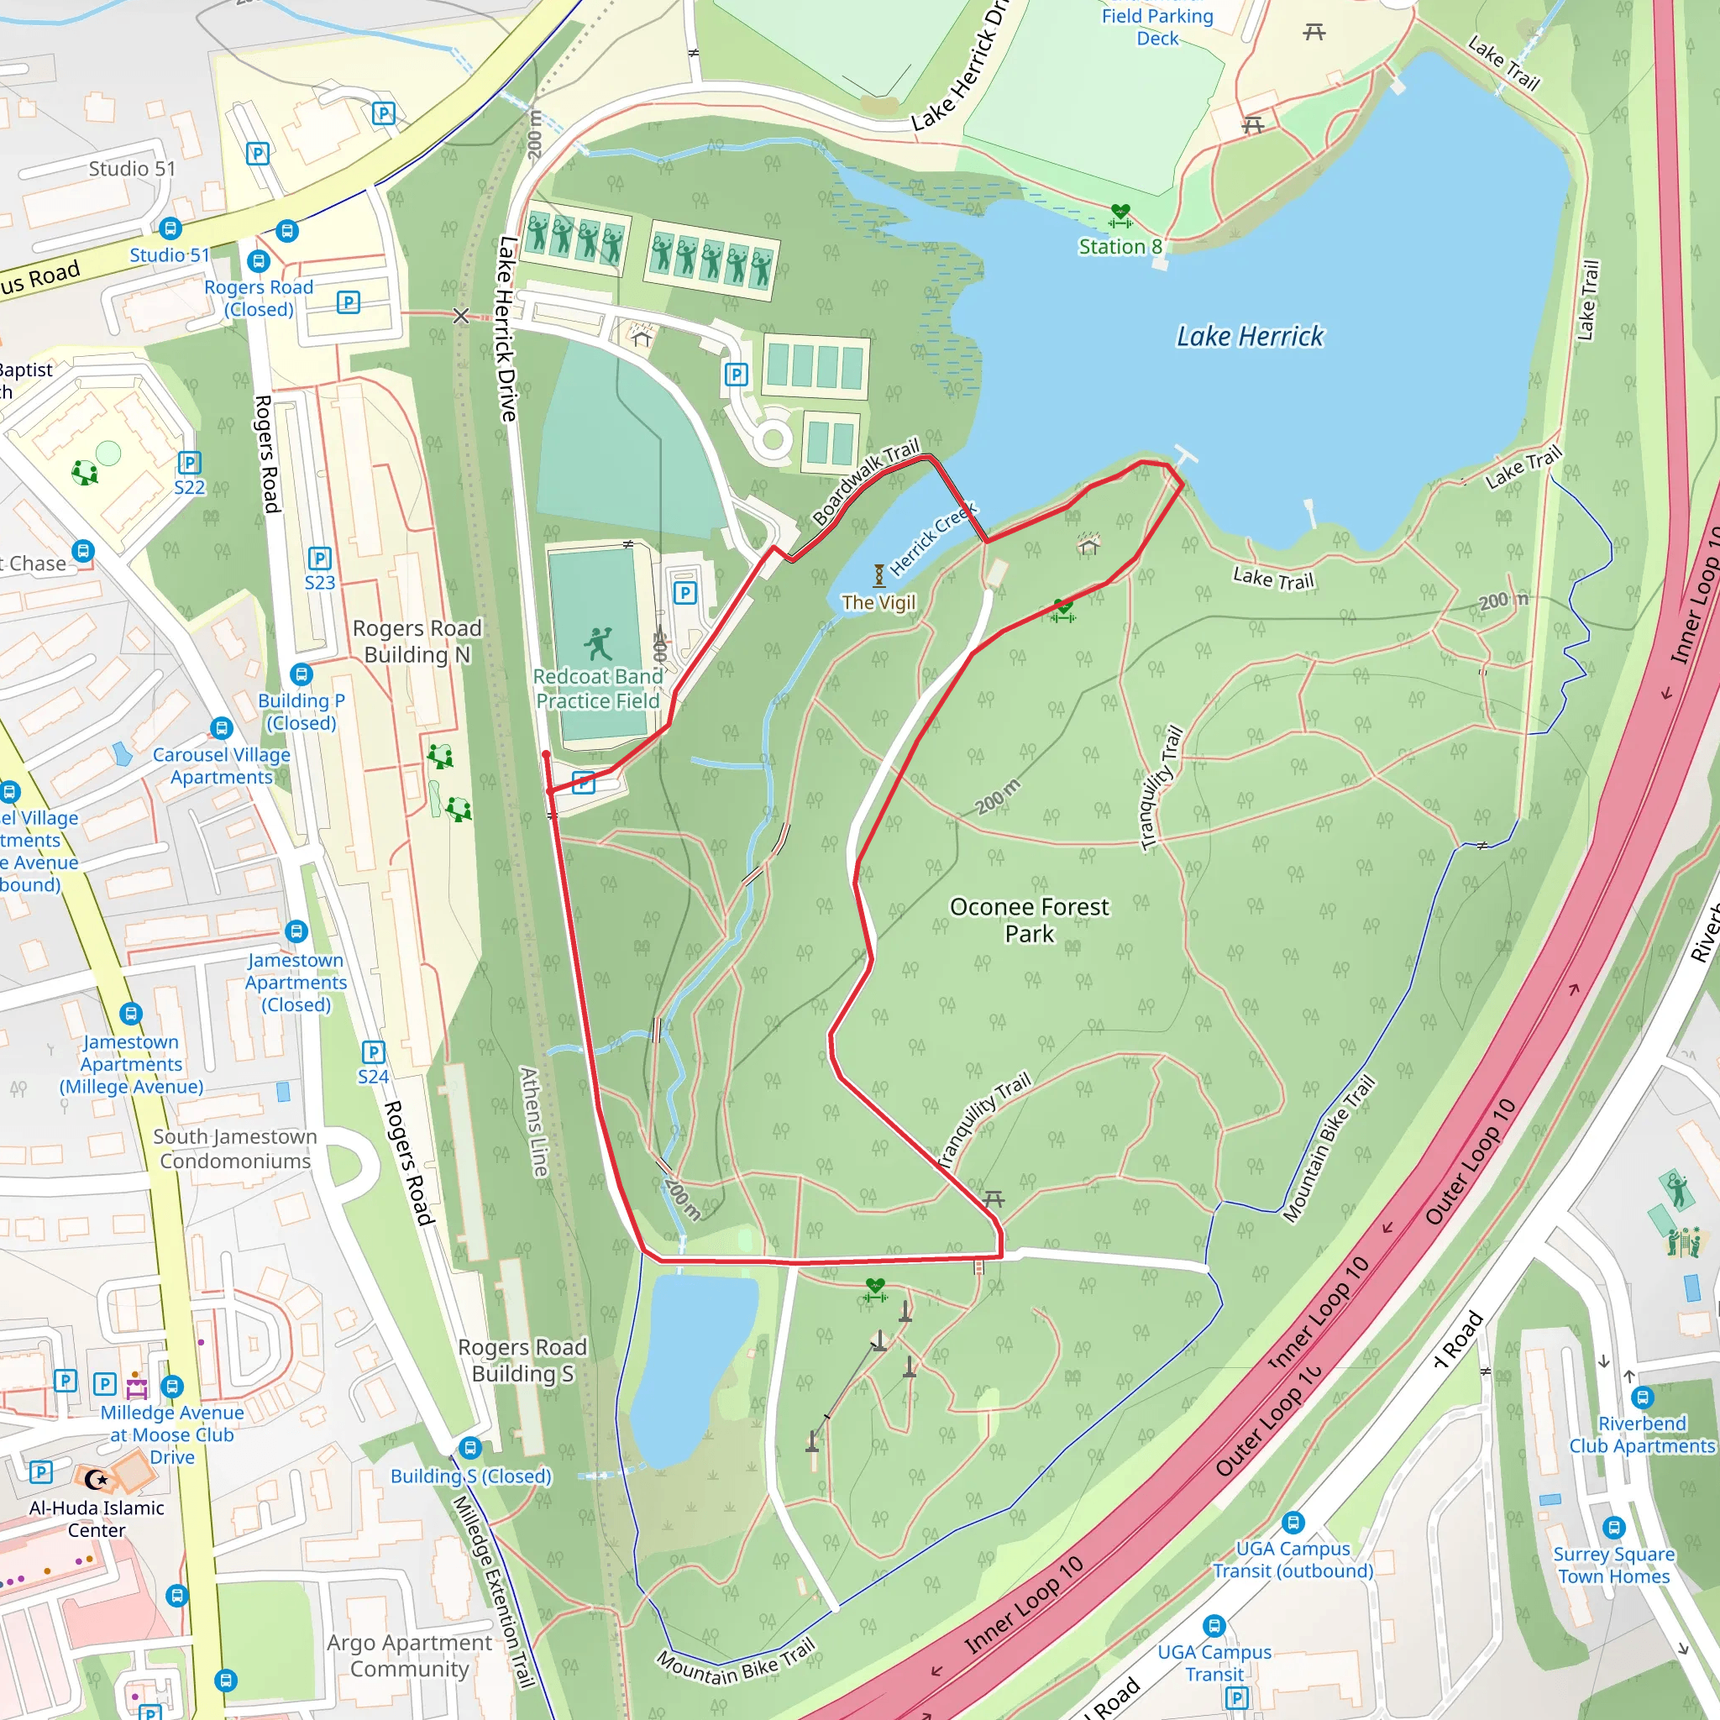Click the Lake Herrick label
pyautogui.click(x=1249, y=337)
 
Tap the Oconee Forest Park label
pyautogui.click(x=1029, y=920)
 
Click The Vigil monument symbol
pyautogui.click(x=878, y=575)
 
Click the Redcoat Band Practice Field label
pyautogui.click(x=597, y=688)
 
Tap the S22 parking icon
pyautogui.click(x=189, y=462)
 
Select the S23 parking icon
pyautogui.click(x=320, y=558)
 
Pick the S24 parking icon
pyautogui.click(x=373, y=1052)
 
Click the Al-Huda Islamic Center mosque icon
pyautogui.click(x=96, y=1480)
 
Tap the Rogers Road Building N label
pyautogui.click(x=417, y=641)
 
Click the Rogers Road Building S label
pyautogui.click(x=522, y=1360)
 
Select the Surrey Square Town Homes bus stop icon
pyautogui.click(x=1613, y=1528)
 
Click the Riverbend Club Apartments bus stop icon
pyautogui.click(x=1643, y=1397)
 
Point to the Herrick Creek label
pyautogui.click(x=933, y=537)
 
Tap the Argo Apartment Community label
pyautogui.click(x=409, y=1655)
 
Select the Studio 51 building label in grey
pyautogui.click(x=132, y=168)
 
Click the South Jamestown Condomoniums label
pyautogui.click(x=235, y=1148)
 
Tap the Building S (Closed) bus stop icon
pyautogui.click(x=471, y=1448)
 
